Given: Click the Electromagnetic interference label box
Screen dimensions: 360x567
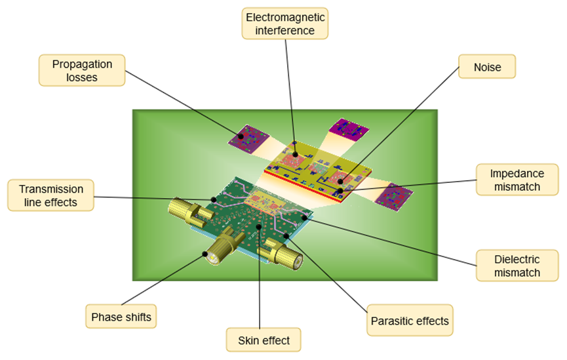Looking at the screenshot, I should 284,23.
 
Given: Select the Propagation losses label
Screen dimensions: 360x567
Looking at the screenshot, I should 82,70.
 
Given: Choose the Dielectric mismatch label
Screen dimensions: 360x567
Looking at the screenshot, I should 509,265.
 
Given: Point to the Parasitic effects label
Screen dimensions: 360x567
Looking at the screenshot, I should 410,321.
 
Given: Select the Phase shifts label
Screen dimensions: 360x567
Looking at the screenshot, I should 121,317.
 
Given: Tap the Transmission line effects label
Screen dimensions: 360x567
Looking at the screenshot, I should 51,195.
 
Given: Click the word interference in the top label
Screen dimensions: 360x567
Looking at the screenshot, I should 284,30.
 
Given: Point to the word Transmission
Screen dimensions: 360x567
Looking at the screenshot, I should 51,188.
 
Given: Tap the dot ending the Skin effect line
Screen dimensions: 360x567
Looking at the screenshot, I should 260,227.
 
